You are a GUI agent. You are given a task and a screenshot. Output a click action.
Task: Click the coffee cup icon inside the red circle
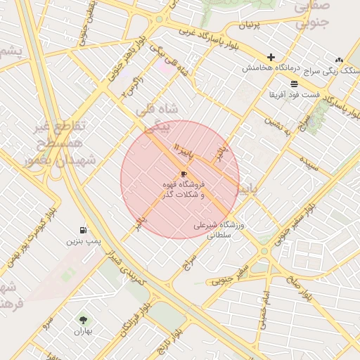pos(184,173)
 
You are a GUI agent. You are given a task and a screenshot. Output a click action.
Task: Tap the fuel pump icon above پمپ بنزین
pos(84,230)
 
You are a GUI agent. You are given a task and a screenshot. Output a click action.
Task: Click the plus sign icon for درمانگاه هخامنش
pos(271,57)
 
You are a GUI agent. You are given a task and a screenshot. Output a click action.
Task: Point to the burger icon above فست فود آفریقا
pos(294,83)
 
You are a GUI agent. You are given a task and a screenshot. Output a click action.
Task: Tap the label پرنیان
pos(254,25)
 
